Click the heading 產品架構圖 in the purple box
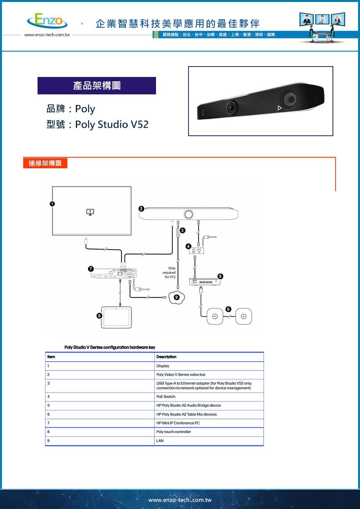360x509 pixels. point(97,85)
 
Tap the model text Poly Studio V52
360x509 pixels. point(111,125)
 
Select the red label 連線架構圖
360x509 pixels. point(45,163)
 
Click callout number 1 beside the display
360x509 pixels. point(52,203)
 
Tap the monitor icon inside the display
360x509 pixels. point(90,212)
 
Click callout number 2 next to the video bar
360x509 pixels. point(141,209)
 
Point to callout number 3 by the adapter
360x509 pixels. point(182,231)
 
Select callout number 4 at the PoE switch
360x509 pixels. point(188,246)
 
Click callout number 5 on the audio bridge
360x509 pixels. point(220,276)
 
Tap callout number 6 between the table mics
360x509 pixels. point(228,309)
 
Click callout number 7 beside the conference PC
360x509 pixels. point(91,268)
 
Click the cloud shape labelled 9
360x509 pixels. point(177,297)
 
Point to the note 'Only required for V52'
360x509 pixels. point(170,273)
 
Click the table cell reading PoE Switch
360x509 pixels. point(166,396)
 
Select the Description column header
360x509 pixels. point(166,357)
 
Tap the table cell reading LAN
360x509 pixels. point(160,441)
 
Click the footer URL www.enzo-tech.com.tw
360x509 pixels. point(180,500)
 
